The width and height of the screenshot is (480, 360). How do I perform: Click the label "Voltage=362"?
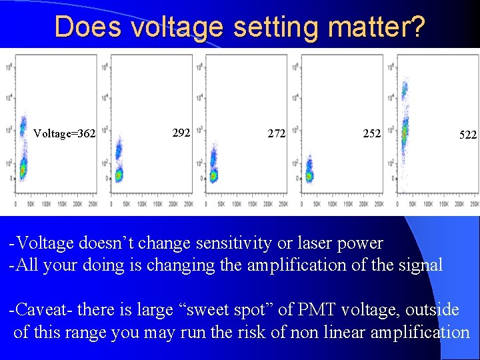coord(65,134)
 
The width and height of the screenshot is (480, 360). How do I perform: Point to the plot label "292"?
coord(181,133)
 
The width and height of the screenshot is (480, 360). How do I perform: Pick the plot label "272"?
coord(277,133)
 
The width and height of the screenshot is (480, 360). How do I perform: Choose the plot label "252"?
coord(372,133)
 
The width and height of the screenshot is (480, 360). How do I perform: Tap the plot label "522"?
coord(468,135)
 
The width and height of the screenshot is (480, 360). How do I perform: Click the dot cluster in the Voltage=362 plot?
coord(22,157)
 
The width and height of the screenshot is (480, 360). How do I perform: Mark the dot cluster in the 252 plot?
coord(309,173)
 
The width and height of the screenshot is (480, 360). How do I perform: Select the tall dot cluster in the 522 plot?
coord(404,127)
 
